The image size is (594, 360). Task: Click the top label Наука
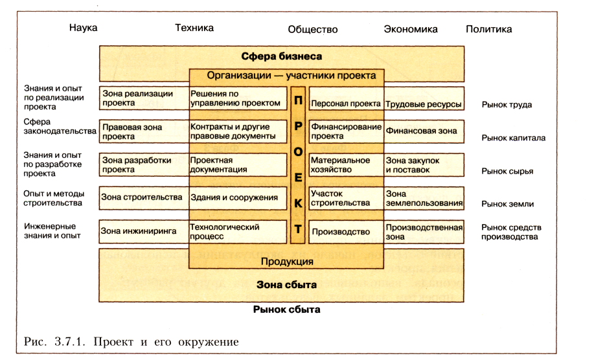[83, 28]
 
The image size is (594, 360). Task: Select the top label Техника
[194, 28]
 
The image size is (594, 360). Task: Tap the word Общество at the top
[313, 29]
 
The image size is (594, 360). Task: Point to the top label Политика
[488, 29]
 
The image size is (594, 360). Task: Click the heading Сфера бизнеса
[281, 56]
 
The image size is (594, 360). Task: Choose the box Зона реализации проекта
[143, 98]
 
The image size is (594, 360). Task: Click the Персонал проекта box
[346, 104]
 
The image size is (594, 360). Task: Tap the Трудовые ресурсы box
[424, 104]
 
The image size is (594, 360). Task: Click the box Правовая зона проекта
[143, 131]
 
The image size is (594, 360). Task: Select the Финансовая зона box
[424, 131]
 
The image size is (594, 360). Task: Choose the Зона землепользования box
[424, 197]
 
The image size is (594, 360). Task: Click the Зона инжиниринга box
[143, 231]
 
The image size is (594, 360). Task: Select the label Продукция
[287, 262]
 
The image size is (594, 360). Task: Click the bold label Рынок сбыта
[287, 309]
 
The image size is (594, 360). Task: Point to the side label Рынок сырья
[507, 171]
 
